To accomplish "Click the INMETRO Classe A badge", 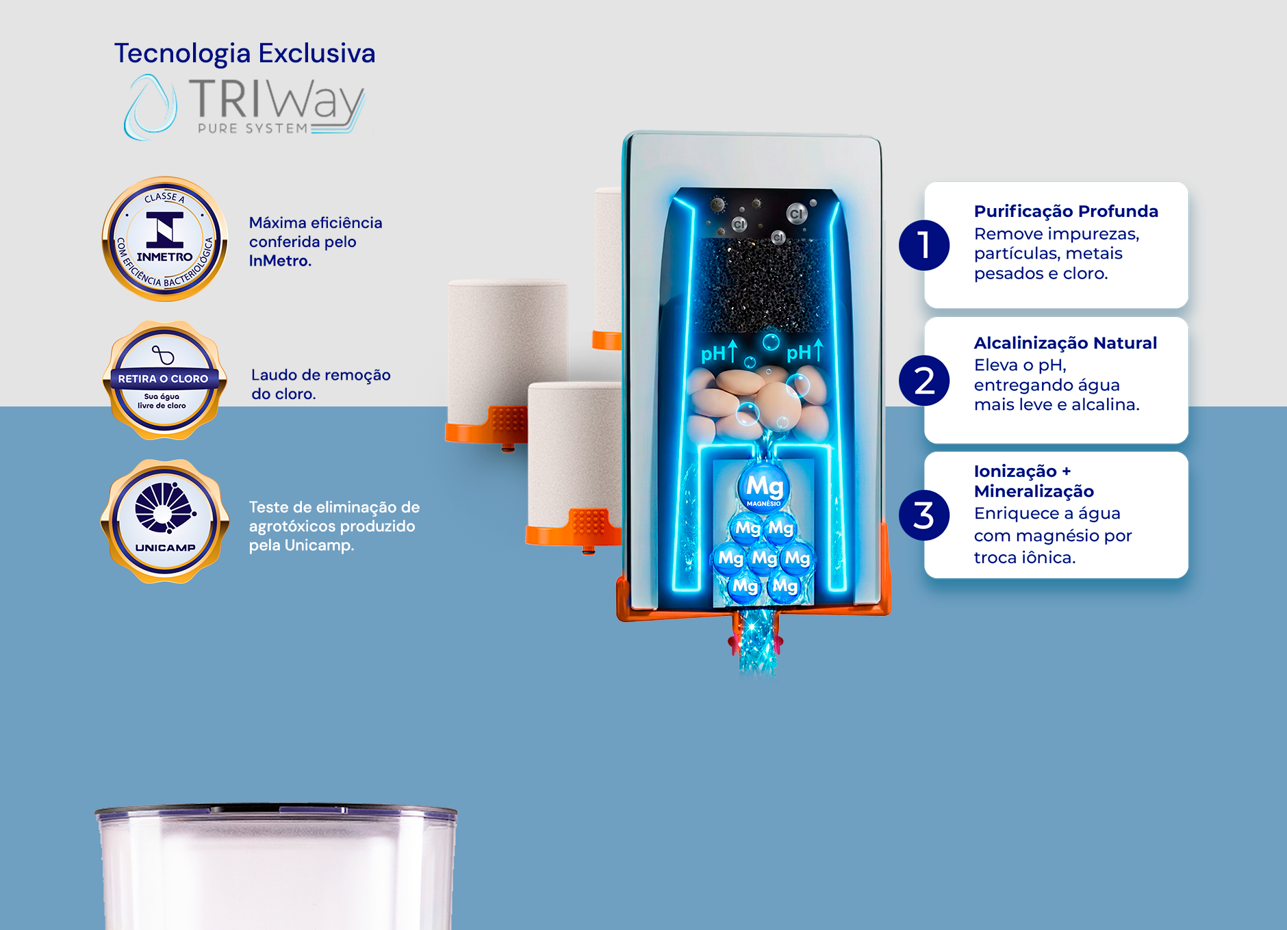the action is (164, 239).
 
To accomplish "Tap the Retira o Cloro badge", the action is (164, 380).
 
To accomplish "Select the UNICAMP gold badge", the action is (164, 521).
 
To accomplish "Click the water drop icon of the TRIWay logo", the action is (150, 107).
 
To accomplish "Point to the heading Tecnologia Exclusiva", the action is (244, 53).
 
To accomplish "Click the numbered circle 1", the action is (924, 245).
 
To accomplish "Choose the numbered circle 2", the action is (924, 380).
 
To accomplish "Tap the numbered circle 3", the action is (924, 515).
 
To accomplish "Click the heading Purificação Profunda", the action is (1066, 211).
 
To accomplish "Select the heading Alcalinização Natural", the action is (1065, 343).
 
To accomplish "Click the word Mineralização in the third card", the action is (1034, 491).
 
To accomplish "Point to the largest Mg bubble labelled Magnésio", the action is (764, 487).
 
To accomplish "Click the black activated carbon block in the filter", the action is (763, 285).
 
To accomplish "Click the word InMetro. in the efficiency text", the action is (280, 261).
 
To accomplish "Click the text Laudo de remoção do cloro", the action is (320, 384).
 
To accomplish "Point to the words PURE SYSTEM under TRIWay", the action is (253, 128).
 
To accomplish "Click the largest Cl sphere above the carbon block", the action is (796, 214).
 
